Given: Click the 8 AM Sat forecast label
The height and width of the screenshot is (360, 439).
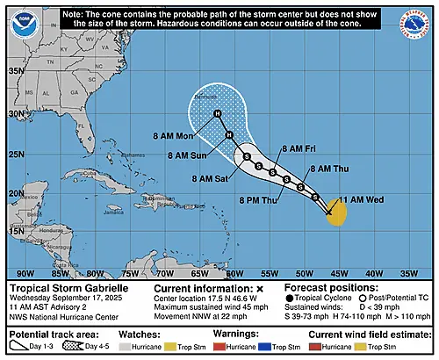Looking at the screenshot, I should coord(210,178).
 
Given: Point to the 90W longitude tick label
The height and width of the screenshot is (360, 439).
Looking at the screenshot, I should coord(27,272).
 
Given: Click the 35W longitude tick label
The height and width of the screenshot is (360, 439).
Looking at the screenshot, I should coord(409,272).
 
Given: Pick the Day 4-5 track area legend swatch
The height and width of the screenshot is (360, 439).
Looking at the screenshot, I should coord(89,349).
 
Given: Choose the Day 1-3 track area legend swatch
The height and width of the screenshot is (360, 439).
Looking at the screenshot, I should coord(21,349).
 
